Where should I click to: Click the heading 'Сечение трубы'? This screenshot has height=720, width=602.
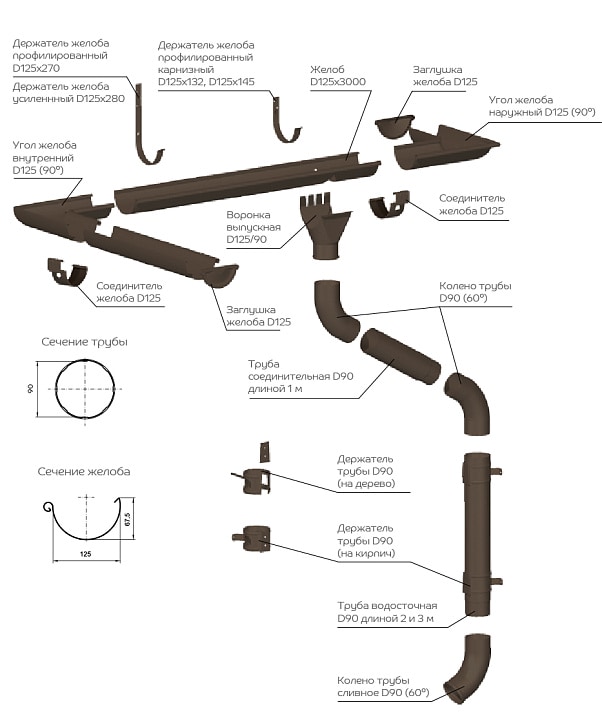coord(84,342)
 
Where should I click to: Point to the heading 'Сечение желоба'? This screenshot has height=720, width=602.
coord(84,471)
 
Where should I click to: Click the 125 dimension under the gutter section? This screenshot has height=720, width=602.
coord(85,552)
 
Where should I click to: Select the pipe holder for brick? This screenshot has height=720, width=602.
coord(253,538)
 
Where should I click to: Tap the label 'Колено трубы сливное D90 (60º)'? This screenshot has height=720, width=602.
coord(382,684)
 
